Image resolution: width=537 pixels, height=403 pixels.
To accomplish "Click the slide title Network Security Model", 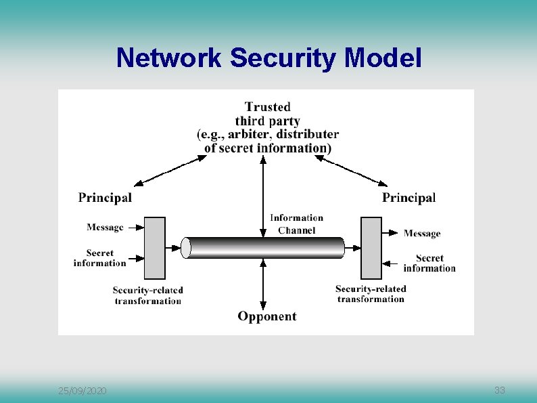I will [268, 58].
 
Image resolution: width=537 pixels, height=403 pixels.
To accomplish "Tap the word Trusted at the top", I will [268, 107].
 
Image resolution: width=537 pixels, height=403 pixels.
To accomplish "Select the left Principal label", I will [105, 198].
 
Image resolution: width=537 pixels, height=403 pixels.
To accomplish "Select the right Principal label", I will [408, 198].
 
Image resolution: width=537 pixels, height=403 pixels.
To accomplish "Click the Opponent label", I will [266, 316].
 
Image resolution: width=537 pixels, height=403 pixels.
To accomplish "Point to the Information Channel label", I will [296, 224].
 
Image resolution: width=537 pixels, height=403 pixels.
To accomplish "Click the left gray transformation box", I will [155, 248].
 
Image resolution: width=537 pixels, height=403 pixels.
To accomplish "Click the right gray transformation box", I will [371, 248].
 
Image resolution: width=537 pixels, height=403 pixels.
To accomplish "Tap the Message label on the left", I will [105, 228].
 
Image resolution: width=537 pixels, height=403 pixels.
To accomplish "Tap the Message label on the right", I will [422, 234].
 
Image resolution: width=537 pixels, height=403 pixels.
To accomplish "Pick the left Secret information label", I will [100, 258].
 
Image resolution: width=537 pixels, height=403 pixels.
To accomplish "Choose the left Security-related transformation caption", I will [147, 295].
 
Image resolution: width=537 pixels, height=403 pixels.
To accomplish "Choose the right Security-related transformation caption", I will [371, 293].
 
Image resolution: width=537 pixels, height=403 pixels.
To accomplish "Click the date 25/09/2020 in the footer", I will [82, 391].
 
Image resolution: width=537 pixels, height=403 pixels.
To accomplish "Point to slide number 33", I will [500, 390].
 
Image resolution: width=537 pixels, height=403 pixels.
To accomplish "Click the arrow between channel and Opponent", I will [263, 284].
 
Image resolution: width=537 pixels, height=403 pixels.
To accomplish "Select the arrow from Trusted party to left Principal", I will [171, 170].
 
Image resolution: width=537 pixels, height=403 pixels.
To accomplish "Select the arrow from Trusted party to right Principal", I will [354, 170].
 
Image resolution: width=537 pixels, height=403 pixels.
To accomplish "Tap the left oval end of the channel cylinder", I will [186, 248].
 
